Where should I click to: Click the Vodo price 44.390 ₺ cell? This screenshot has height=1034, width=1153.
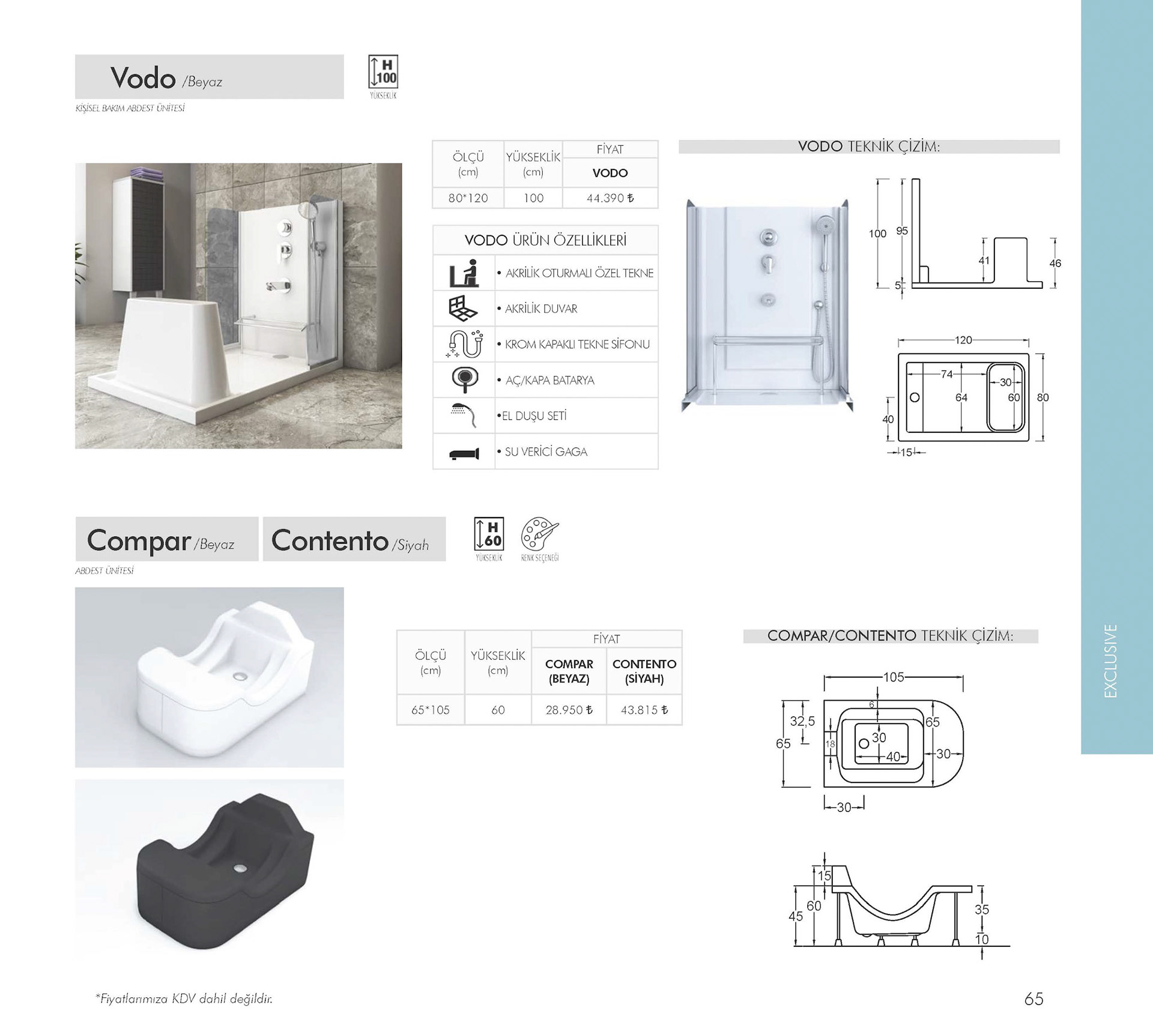[610, 198]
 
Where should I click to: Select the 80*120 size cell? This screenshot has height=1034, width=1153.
[468, 198]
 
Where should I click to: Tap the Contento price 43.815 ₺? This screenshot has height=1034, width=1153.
[644, 710]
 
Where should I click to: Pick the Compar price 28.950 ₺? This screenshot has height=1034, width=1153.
[569, 710]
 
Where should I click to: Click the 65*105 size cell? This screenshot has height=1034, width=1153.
[430, 710]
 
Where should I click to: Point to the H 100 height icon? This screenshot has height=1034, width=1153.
[383, 73]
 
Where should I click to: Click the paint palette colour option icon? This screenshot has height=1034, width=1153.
[539, 534]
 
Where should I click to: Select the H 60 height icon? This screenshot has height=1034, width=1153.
[489, 534]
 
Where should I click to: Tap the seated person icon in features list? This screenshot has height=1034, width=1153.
[464, 273]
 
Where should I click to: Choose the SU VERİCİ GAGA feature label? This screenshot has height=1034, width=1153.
[545, 452]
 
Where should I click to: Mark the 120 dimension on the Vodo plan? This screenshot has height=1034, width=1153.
[963, 340]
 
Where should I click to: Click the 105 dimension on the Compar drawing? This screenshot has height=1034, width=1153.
[894, 677]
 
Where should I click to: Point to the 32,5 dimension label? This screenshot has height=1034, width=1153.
[802, 721]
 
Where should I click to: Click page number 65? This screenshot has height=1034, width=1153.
[1033, 999]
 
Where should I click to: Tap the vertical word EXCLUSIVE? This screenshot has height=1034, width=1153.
[1111, 661]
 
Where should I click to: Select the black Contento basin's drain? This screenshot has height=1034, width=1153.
[240, 868]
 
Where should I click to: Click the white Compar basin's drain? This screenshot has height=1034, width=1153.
[240, 677]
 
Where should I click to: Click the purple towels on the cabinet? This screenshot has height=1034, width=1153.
[147, 172]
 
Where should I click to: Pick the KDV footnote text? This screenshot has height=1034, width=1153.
[184, 999]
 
